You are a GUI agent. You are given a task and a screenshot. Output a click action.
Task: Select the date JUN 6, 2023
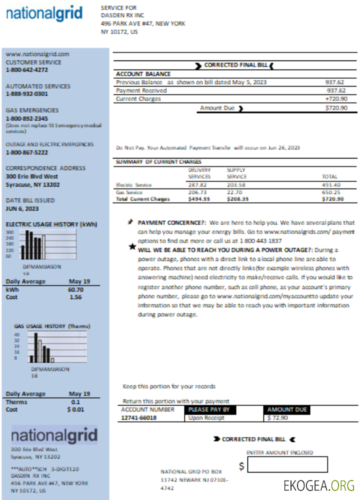point(22,208)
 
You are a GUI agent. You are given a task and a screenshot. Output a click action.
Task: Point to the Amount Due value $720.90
point(336,108)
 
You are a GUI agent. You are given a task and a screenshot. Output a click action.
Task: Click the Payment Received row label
point(141,91)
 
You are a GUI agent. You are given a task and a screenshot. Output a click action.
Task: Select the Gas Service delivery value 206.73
point(196,192)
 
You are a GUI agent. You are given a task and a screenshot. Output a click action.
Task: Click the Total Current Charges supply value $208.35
point(237,199)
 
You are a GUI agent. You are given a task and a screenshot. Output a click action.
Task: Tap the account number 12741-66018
point(138,418)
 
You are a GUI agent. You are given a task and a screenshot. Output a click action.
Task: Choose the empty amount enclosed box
point(287,464)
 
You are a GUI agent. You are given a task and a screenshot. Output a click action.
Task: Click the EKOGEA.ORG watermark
point(319,485)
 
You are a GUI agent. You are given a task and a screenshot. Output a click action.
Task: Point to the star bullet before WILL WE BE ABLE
point(132,246)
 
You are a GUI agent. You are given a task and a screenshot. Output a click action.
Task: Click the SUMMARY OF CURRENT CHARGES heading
point(158,162)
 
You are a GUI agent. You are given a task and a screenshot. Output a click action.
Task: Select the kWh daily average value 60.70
point(75,289)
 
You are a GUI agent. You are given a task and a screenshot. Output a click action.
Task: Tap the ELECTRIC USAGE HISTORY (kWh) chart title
point(51,224)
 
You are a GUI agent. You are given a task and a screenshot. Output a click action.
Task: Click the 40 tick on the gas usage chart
point(16,334)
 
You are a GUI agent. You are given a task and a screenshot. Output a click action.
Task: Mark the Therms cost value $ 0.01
point(75,409)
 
